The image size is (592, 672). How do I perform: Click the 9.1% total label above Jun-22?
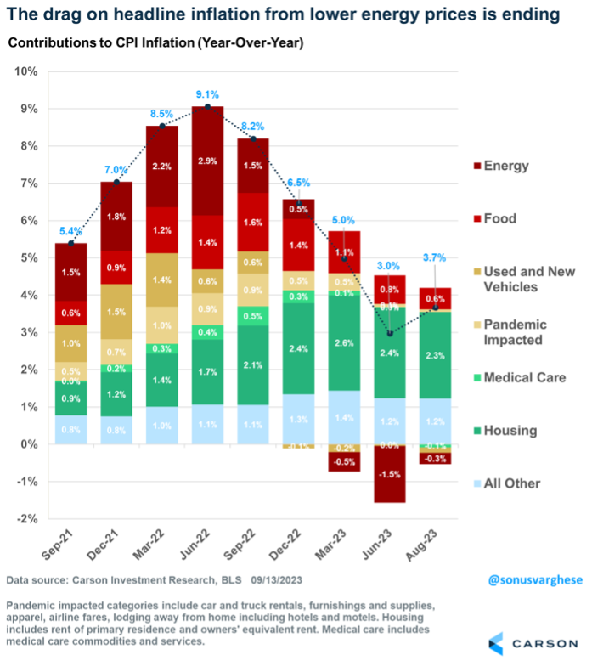click(207, 94)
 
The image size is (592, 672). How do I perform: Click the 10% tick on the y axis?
click(25, 71)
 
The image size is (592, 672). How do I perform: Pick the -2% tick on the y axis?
click(27, 518)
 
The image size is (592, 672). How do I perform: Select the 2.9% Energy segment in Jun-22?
click(207, 161)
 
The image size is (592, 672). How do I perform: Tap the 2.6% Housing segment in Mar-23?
click(344, 342)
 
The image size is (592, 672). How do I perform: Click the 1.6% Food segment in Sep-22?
click(252, 223)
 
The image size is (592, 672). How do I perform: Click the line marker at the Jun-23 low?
click(390, 333)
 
